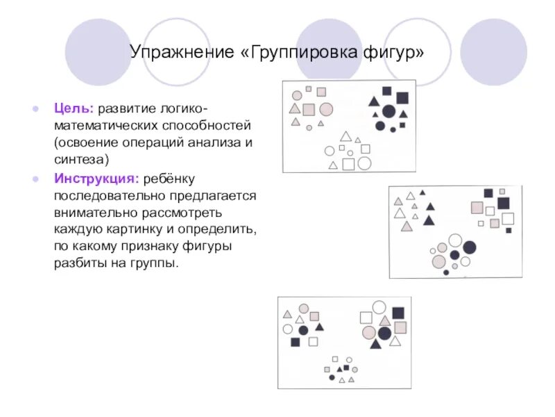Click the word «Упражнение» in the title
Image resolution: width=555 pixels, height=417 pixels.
point(181,54)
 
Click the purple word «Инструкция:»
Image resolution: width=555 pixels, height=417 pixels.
point(96,179)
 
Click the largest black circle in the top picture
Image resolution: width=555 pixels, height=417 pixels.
point(388,111)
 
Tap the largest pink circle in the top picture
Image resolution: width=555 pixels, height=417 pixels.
point(325,109)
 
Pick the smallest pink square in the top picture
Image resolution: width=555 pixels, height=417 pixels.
point(308,90)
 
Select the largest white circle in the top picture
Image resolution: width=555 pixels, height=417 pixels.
point(364,163)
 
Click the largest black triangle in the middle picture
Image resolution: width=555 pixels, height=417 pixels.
point(429,220)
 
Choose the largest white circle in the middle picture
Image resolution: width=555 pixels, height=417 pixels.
point(455,240)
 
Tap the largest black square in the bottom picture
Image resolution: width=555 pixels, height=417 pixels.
point(398,313)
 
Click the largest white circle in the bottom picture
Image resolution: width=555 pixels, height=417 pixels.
point(379,307)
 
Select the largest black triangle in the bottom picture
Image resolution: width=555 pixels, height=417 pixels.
point(375,343)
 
